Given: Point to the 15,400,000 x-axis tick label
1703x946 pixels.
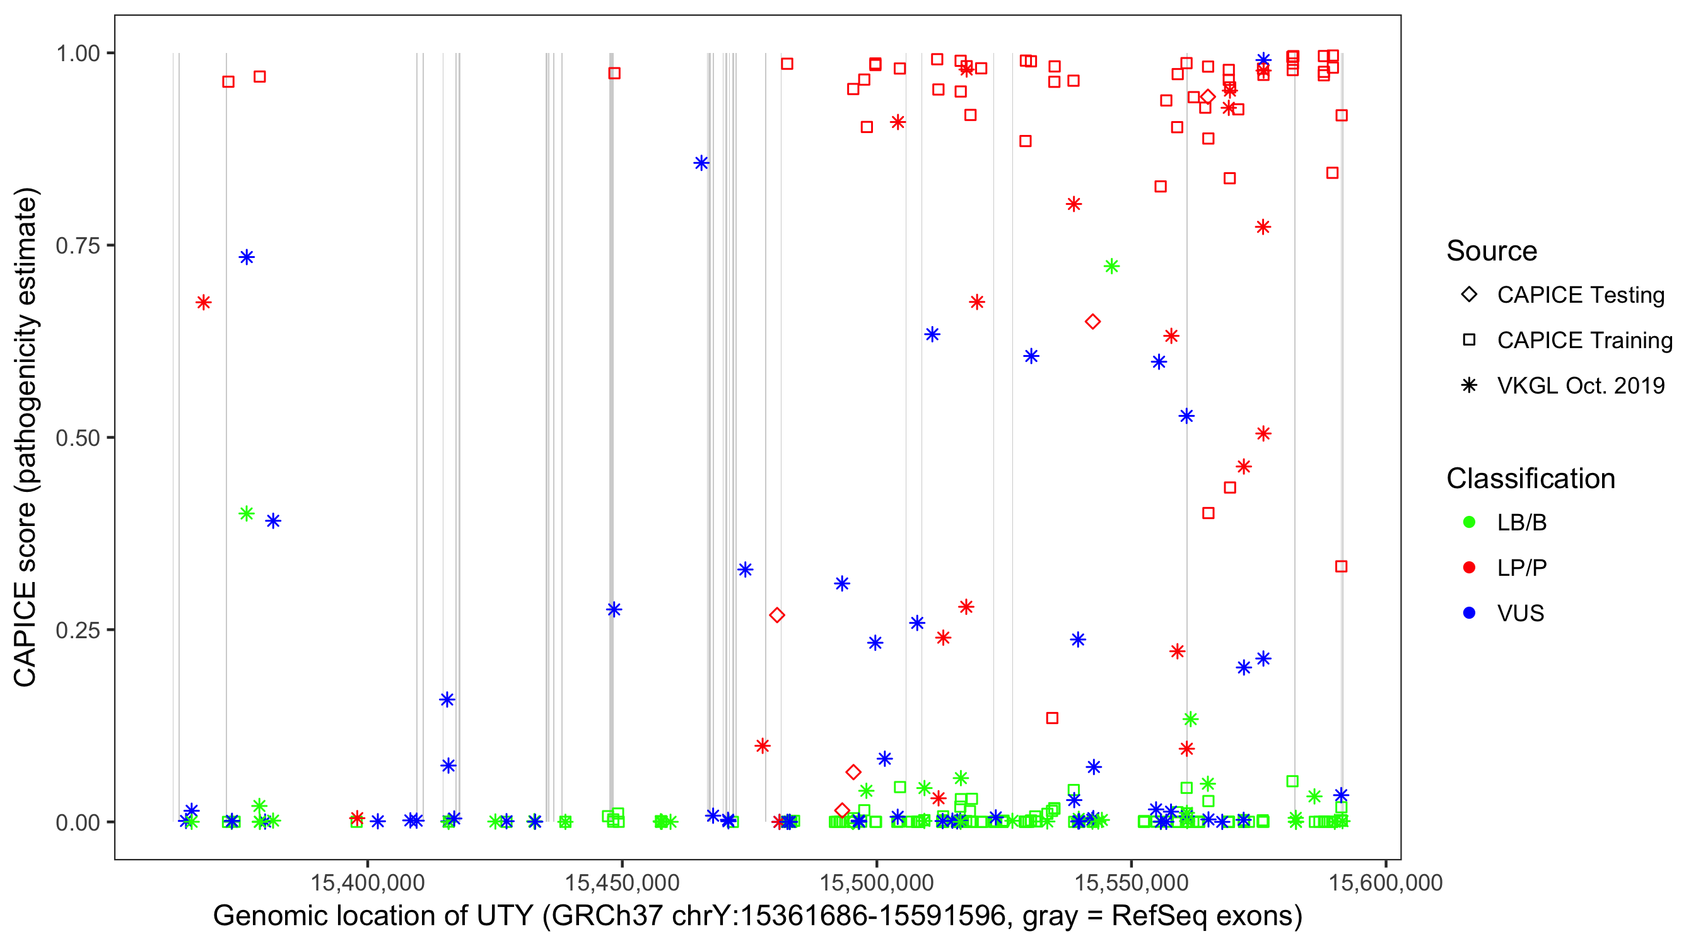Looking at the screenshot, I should point(368,882).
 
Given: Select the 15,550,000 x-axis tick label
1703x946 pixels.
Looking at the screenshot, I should point(1131,882).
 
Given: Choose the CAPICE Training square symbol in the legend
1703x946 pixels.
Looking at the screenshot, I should point(1469,340).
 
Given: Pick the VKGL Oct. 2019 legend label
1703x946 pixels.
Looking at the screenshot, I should point(1581,385).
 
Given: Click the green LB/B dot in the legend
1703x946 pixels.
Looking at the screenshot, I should point(1469,522).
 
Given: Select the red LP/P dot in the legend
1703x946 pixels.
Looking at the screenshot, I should point(1469,568).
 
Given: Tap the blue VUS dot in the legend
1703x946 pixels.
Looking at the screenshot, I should point(1469,613).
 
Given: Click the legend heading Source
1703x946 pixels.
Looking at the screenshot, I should point(1492,251).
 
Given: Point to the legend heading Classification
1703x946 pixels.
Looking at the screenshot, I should point(1530,479).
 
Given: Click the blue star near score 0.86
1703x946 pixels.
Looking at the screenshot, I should point(701,163).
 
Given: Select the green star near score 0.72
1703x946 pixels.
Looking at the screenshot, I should point(1111,266).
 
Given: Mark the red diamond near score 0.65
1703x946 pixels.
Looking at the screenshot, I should point(1093,322).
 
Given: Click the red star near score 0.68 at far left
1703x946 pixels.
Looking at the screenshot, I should point(204,303).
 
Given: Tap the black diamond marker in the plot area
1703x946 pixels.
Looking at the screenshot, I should point(1208,97).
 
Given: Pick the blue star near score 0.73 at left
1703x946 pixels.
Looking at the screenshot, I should point(247,257).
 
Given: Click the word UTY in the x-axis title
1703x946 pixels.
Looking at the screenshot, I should point(508,916).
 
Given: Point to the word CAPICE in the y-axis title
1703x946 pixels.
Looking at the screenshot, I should point(25,634).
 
